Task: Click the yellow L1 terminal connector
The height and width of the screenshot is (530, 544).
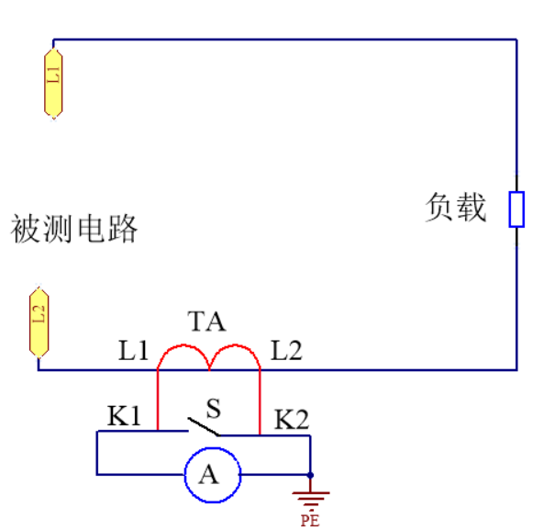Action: click(53, 84)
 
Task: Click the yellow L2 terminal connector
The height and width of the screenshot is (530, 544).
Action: click(39, 322)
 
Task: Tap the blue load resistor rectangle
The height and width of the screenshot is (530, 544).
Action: click(516, 209)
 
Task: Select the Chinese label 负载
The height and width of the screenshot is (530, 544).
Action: click(456, 207)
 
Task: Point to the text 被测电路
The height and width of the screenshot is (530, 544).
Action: click(74, 228)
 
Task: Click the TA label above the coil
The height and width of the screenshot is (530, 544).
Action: click(206, 321)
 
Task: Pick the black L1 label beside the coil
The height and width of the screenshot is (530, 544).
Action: click(134, 350)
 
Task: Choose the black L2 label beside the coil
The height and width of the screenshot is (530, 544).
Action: click(286, 350)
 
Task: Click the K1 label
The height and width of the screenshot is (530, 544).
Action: click(124, 415)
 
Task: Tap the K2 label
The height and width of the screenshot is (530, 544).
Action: click(292, 419)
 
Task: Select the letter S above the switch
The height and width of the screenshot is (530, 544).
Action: click(213, 408)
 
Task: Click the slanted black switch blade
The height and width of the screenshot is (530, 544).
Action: click(204, 426)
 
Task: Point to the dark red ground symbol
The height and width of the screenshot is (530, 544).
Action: click(310, 497)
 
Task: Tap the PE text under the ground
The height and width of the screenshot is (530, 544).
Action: click(310, 520)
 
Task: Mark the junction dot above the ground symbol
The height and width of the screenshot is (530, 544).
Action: click(310, 475)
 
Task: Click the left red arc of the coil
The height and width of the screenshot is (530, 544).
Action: click(183, 344)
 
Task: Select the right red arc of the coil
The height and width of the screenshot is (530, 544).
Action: click(235, 344)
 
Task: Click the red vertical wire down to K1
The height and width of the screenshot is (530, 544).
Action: click(158, 400)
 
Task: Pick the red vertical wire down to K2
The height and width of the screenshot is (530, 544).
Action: click(260, 402)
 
